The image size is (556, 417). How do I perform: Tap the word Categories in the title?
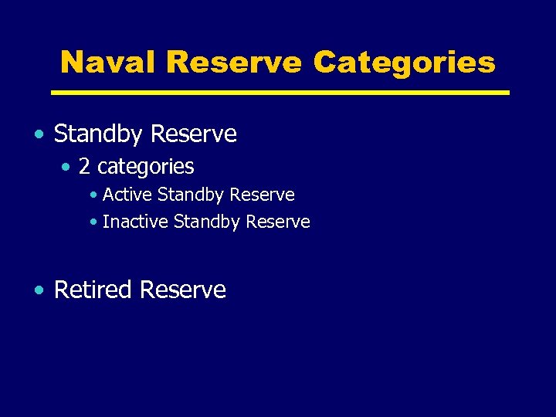click(404, 62)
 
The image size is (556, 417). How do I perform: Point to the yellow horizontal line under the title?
click(280, 93)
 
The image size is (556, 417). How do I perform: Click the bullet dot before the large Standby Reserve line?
click(39, 135)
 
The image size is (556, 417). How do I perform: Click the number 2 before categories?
click(85, 167)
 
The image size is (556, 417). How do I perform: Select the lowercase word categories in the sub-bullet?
click(146, 167)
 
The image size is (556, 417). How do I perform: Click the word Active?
click(127, 195)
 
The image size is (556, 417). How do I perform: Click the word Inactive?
click(135, 222)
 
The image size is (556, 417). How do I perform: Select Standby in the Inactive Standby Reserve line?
click(207, 222)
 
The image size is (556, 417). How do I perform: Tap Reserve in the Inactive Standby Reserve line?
click(277, 222)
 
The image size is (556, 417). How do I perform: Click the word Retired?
click(93, 290)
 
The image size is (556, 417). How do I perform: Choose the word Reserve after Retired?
click(182, 290)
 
